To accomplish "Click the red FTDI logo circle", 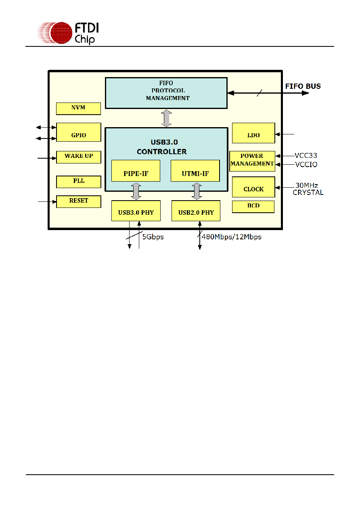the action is (x=61, y=33).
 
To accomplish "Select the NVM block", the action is (x=78, y=109).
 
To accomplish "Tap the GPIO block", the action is (x=79, y=132).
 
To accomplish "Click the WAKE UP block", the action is (x=79, y=157).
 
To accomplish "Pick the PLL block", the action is (x=79, y=182).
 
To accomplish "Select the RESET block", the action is (x=79, y=201).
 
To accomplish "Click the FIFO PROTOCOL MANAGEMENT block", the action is (x=166, y=93).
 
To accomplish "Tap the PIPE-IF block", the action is (x=136, y=171).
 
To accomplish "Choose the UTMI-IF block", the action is (x=195, y=171).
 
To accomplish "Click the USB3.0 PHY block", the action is (x=136, y=211).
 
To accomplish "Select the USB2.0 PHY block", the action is (x=196, y=211).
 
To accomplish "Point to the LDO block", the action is (x=253, y=133).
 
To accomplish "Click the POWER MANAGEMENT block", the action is (x=252, y=161).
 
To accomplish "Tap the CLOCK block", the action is (x=253, y=187).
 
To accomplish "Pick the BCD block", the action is (x=253, y=207).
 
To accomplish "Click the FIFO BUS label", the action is (x=303, y=86).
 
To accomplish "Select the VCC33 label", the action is (x=306, y=155).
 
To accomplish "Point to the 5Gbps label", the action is (x=153, y=237).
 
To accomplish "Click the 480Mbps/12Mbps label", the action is (x=231, y=237).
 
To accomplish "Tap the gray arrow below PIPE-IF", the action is (x=136, y=191).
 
